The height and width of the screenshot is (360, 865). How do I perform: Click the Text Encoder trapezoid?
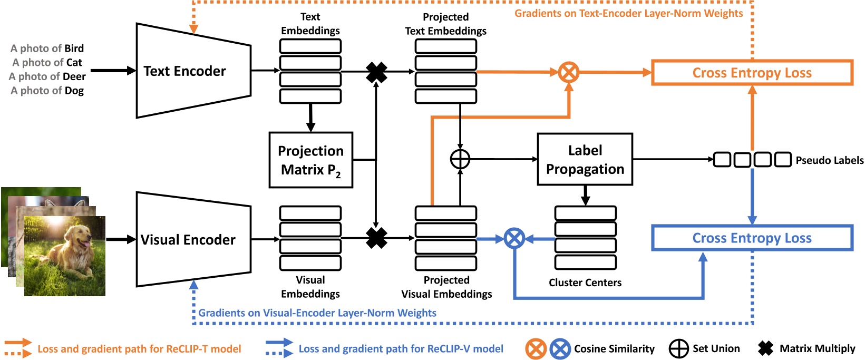click(192, 71)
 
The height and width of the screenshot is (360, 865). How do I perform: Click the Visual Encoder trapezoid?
click(192, 240)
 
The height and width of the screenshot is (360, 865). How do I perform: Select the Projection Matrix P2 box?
click(310, 160)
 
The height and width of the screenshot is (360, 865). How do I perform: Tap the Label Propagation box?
click(585, 159)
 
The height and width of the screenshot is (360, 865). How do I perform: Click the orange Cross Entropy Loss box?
click(752, 73)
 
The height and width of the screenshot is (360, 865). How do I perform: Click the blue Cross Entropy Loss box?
click(752, 238)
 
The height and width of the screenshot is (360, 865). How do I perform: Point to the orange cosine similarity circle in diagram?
click(569, 72)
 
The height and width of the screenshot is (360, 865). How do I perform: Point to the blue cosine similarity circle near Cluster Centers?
click(514, 239)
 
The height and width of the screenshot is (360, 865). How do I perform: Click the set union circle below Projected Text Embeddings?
click(460, 159)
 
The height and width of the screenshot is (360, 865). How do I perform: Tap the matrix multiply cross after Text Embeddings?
click(376, 72)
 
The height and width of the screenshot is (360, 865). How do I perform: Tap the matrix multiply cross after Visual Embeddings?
click(376, 238)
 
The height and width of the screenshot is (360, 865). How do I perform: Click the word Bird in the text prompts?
click(74, 48)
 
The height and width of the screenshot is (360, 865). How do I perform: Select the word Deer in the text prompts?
click(74, 76)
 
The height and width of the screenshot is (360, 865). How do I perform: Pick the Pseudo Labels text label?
click(829, 160)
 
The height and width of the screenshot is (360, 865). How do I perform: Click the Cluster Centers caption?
click(585, 283)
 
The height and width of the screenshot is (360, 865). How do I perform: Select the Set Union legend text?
click(716, 348)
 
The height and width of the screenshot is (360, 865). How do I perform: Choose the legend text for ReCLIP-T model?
click(139, 349)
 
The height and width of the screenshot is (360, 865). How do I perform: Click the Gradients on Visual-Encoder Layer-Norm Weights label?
click(317, 313)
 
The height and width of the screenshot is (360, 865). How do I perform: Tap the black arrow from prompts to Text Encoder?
click(113, 70)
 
